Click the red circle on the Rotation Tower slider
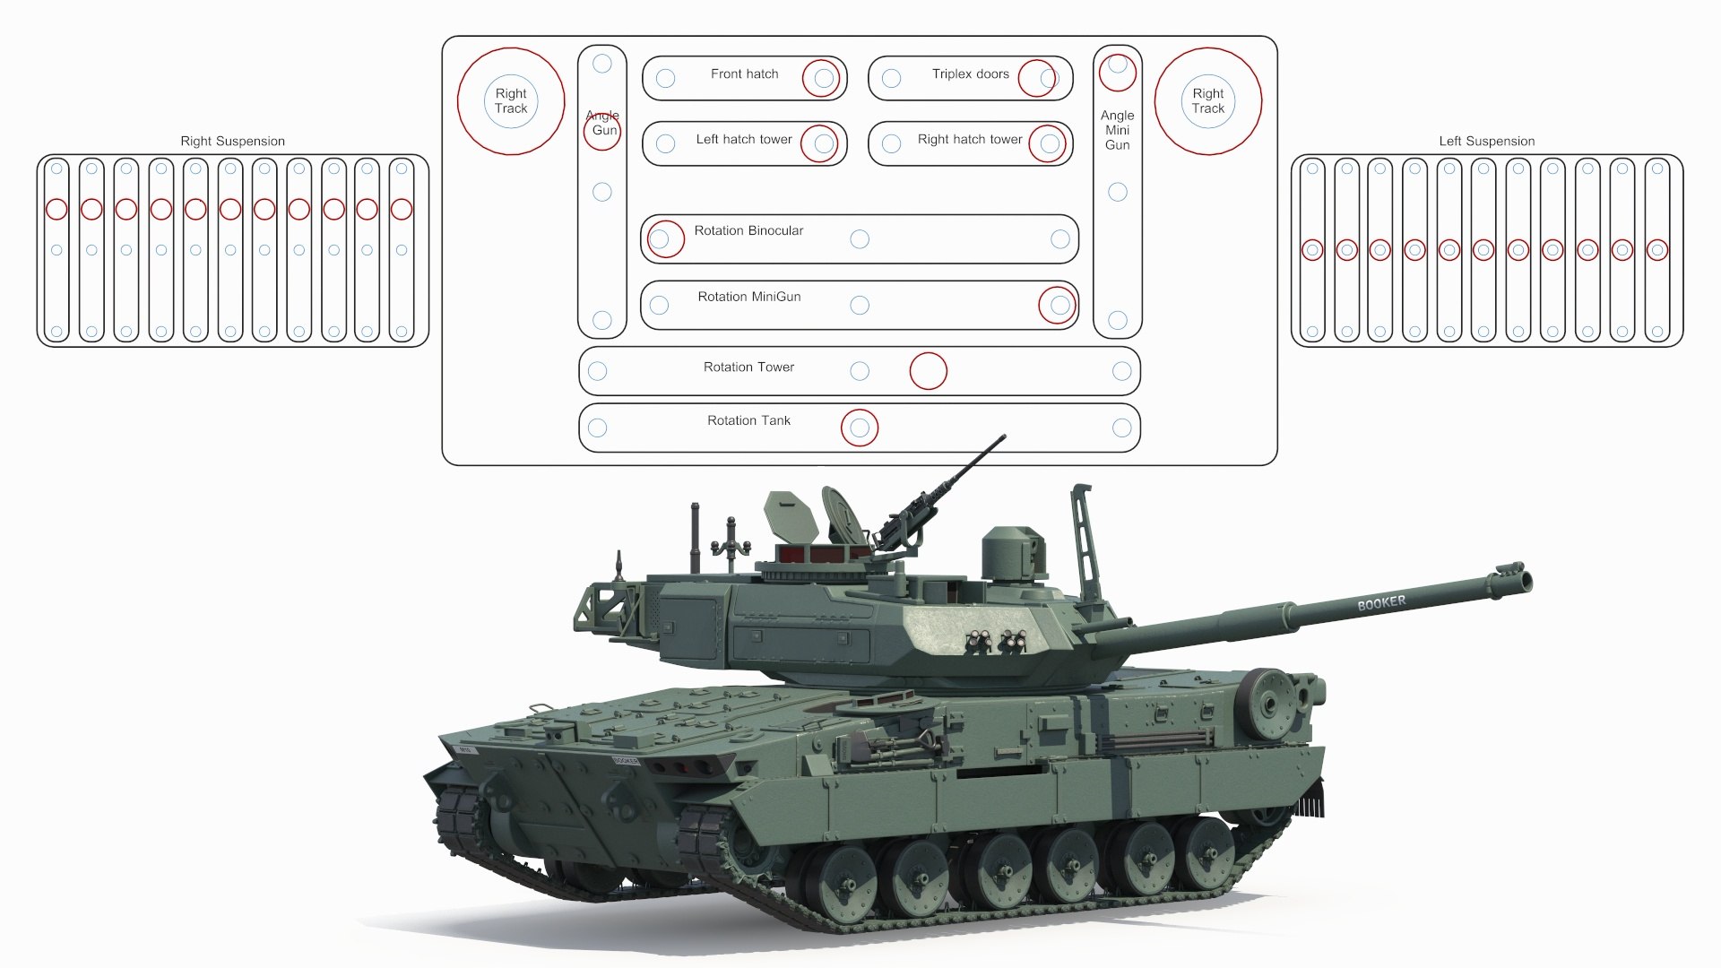[x=928, y=371]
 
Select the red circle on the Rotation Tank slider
[x=860, y=428]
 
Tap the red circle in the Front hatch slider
[x=820, y=78]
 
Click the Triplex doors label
[x=970, y=73]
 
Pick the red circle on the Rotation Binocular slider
[x=665, y=239]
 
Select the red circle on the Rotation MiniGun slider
[x=1057, y=305]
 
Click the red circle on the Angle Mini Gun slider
[x=1117, y=73]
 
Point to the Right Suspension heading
[x=232, y=141]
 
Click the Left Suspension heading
[x=1486, y=141]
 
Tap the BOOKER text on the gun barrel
[x=1381, y=603]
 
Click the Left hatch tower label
[x=743, y=139]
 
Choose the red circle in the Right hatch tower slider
[x=1047, y=143]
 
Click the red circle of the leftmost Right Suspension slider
[x=56, y=209]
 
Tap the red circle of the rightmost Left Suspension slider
[x=1656, y=250]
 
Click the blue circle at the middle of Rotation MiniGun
[x=859, y=306]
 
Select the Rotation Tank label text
[x=748, y=420]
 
